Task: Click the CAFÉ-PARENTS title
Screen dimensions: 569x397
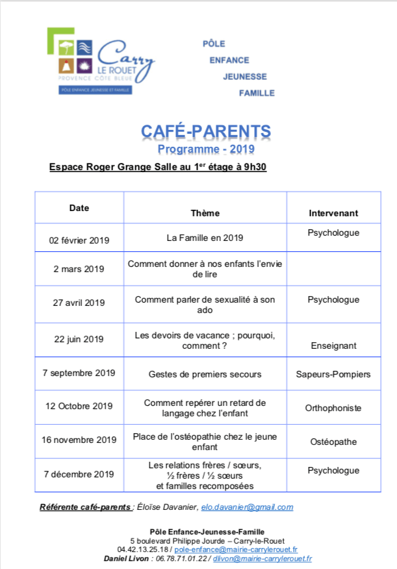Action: coord(206,133)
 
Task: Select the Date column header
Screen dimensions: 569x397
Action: coord(79,209)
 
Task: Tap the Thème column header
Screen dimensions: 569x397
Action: coord(205,213)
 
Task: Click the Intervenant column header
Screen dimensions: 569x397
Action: coord(333,213)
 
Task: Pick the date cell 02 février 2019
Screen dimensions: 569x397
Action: coord(79,240)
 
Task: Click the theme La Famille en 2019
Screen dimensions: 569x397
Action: coord(205,238)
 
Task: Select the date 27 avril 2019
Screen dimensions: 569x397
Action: coord(79,302)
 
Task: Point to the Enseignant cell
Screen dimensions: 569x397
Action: coord(333,346)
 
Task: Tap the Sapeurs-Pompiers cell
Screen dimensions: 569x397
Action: coord(333,374)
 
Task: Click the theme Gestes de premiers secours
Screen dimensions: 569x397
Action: coord(205,374)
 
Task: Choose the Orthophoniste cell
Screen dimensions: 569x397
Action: coord(333,408)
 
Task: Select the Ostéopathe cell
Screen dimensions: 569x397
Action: coord(333,442)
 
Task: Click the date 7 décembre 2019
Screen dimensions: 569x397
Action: coord(79,474)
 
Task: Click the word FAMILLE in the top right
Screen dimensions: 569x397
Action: coord(257,93)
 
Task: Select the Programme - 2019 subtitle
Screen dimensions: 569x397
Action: coord(206,149)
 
